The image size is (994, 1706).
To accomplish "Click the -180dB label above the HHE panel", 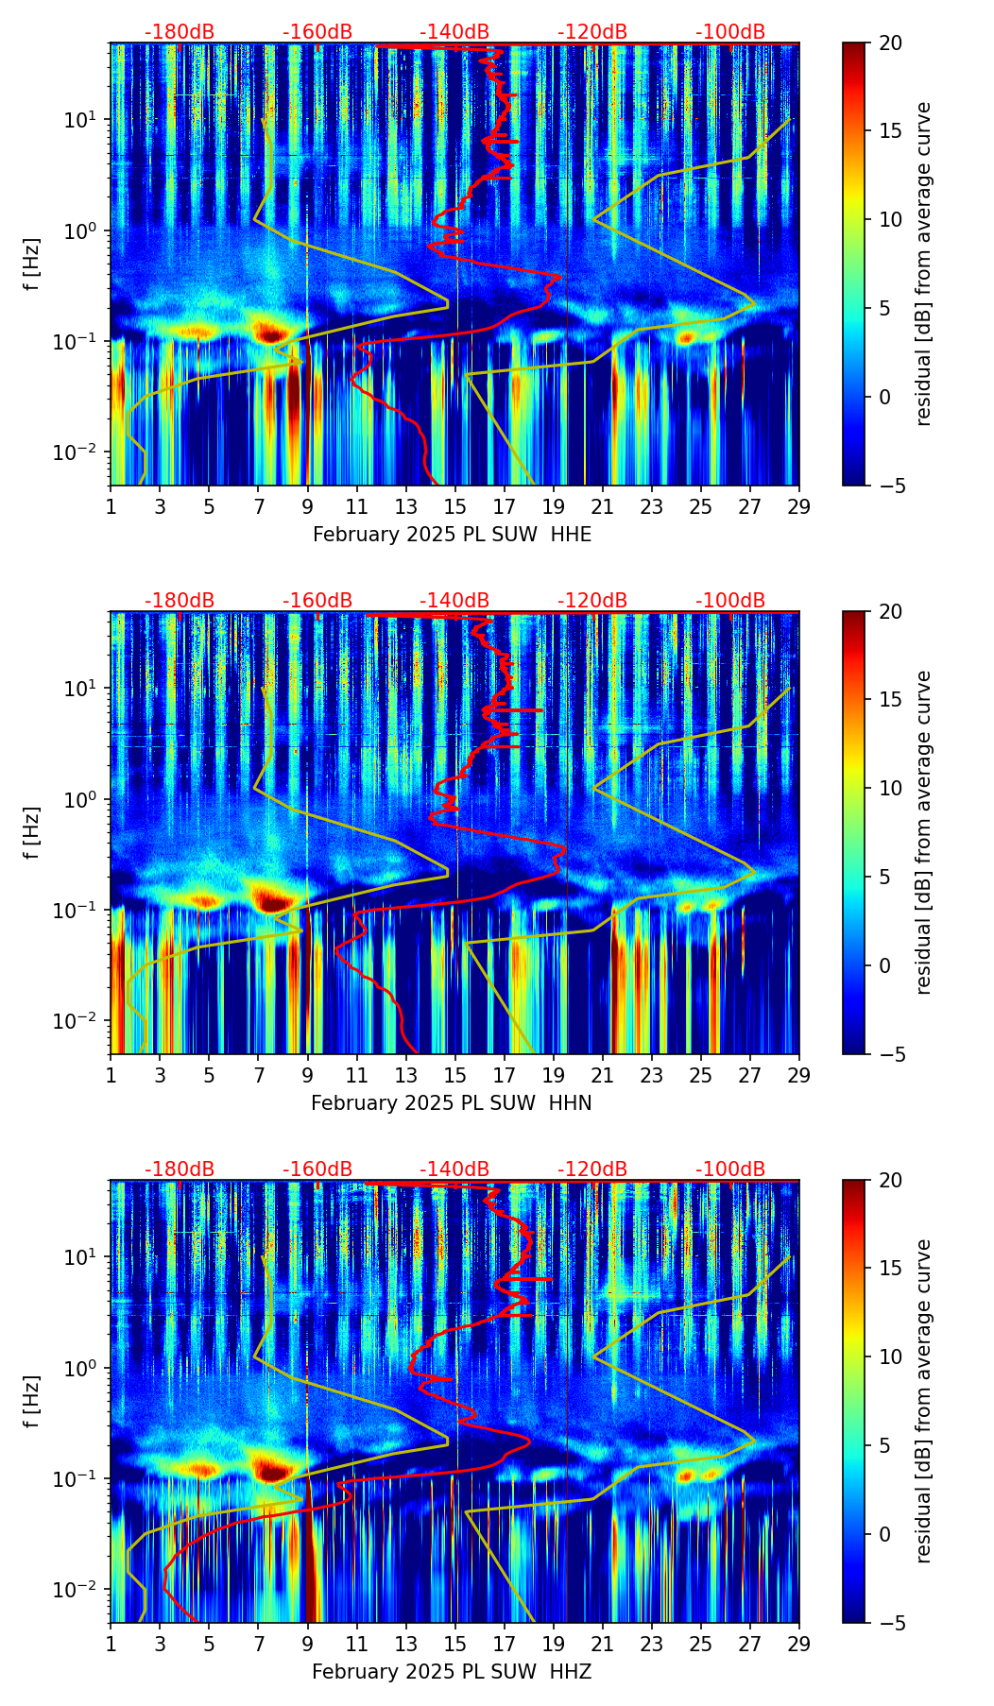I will click(x=180, y=32).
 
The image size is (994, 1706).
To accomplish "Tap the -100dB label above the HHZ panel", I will click(x=730, y=1169).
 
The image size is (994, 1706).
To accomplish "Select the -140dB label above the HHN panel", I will click(x=454, y=601).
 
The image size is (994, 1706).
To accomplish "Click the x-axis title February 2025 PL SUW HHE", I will click(x=452, y=535).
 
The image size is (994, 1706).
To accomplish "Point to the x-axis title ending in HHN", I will click(x=452, y=1103).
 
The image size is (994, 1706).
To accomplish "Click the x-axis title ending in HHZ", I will click(x=452, y=1672).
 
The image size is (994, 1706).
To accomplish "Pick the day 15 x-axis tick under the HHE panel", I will click(x=455, y=506).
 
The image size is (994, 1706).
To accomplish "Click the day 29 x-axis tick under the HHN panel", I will click(x=799, y=1075).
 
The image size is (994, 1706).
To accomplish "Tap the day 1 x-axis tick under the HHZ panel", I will click(x=111, y=1644).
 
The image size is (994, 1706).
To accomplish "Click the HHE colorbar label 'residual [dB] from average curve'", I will click(x=924, y=264).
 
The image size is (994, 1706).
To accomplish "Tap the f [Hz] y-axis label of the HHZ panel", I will click(x=32, y=1401).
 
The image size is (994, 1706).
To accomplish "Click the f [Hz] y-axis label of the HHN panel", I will click(x=32, y=832).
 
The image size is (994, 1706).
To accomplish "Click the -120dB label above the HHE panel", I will click(x=592, y=32).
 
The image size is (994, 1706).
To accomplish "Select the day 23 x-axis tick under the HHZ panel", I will click(x=652, y=1644).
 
